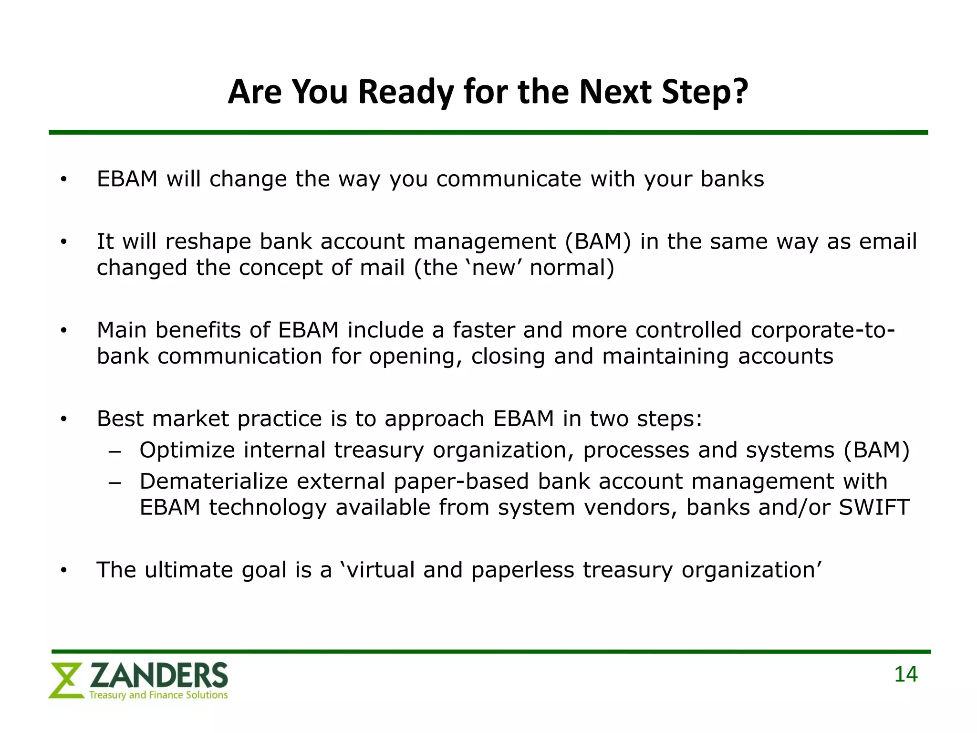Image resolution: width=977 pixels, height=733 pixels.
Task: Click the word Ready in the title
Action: (x=406, y=92)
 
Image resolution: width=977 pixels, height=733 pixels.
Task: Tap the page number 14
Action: (x=905, y=674)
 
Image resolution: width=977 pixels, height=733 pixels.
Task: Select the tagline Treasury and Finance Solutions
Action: (x=158, y=695)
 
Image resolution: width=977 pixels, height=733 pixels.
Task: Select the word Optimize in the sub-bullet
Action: (x=187, y=450)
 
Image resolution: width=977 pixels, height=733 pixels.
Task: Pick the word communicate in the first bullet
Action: (x=509, y=179)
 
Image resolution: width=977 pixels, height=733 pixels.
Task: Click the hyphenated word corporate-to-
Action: (x=822, y=330)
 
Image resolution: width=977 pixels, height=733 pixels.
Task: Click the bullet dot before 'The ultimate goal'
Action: (x=64, y=570)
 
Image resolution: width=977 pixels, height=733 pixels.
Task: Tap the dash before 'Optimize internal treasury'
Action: (x=115, y=451)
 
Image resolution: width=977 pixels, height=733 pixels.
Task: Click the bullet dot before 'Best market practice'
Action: (x=64, y=419)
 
